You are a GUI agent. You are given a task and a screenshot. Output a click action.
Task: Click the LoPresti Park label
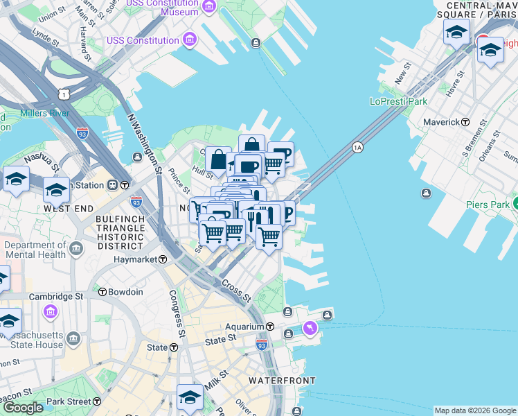(x=398, y=101)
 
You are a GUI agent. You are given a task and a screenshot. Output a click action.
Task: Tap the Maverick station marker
(x=466, y=122)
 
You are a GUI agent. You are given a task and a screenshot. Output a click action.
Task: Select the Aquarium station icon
(x=270, y=327)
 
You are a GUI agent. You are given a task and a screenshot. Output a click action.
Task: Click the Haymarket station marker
(x=162, y=259)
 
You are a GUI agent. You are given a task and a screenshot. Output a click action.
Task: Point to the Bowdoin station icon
(x=102, y=292)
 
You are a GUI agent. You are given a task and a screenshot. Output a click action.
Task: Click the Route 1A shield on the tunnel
(x=357, y=147)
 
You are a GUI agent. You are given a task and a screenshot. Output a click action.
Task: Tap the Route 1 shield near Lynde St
(x=64, y=93)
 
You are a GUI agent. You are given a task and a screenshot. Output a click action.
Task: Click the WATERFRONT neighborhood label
(x=282, y=381)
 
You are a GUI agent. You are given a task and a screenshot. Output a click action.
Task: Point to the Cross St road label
(x=236, y=291)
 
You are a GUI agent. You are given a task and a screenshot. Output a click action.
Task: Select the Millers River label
(x=44, y=113)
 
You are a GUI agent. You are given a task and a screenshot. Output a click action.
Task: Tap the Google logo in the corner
(x=24, y=408)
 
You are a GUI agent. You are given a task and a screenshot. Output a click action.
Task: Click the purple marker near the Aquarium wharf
(x=310, y=327)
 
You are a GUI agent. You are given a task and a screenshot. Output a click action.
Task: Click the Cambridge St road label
(x=55, y=296)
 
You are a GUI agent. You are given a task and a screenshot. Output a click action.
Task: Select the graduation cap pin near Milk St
(x=189, y=397)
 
